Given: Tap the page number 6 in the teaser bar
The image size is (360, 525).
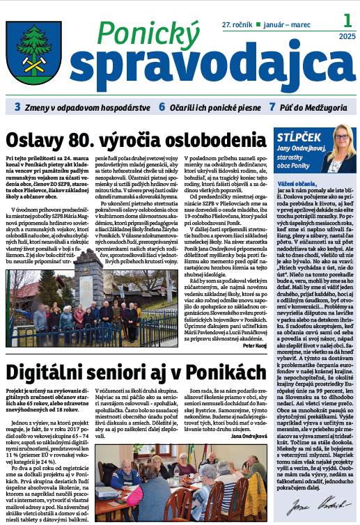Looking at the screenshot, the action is [x=161, y=108].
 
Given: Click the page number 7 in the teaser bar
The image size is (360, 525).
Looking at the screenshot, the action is [x=272, y=108].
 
